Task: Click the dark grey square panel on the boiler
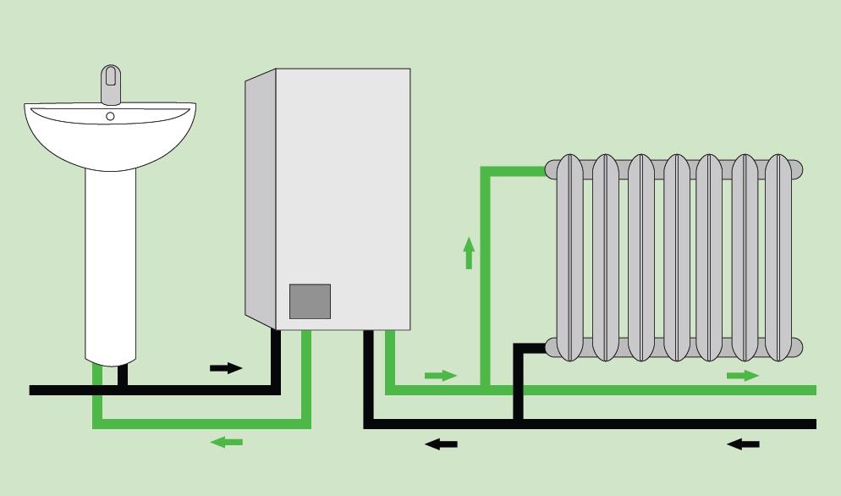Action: click(x=310, y=301)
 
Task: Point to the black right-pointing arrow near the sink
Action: click(x=225, y=368)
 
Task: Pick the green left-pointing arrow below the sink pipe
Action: click(x=226, y=441)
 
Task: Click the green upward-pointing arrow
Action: click(x=468, y=252)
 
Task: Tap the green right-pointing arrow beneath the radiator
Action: click(x=743, y=374)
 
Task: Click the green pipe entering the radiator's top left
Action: click(x=516, y=171)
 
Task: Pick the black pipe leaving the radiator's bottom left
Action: click(x=533, y=347)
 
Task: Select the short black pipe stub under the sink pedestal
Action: click(x=124, y=374)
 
